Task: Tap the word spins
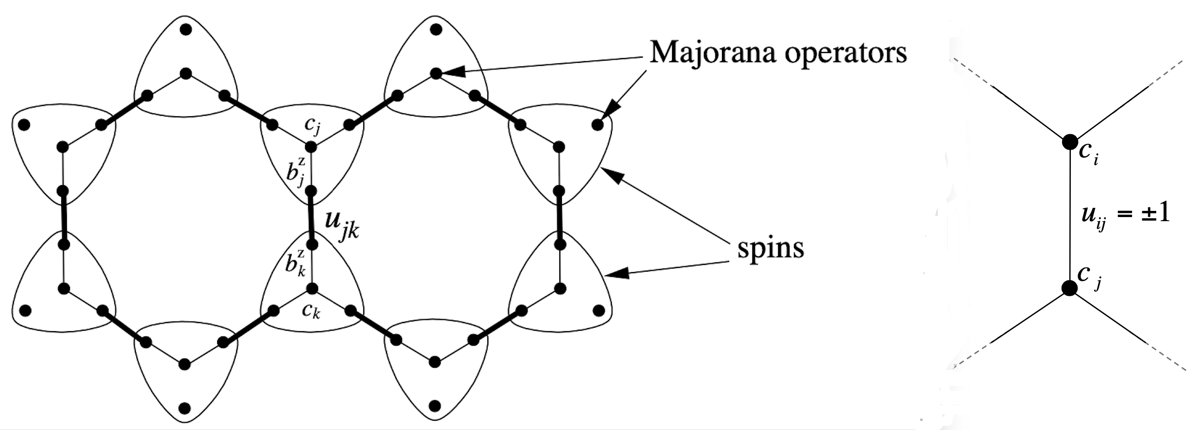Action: tap(770, 248)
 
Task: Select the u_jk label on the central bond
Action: tap(341, 226)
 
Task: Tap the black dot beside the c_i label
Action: tap(1070, 141)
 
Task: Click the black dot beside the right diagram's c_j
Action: tap(1070, 288)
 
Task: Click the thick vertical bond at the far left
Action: tap(63, 218)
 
